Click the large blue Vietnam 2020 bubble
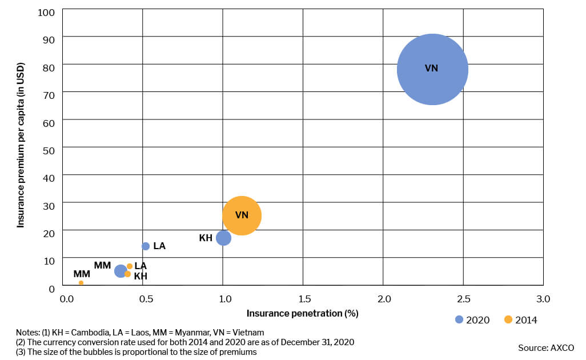[x=432, y=69]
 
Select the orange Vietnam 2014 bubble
[x=242, y=215]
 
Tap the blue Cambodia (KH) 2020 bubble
[x=223, y=238]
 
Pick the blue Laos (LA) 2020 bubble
[x=146, y=246]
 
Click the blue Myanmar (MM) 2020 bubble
[x=121, y=271]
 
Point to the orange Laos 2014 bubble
[x=130, y=266]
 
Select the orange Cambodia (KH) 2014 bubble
[x=128, y=274]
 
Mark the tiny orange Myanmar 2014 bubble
[x=81, y=283]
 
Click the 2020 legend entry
[x=472, y=320]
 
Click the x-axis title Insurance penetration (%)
[x=302, y=314]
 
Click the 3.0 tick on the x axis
[x=543, y=299]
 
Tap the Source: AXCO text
[x=546, y=347]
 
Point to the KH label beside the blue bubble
[x=206, y=238]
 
